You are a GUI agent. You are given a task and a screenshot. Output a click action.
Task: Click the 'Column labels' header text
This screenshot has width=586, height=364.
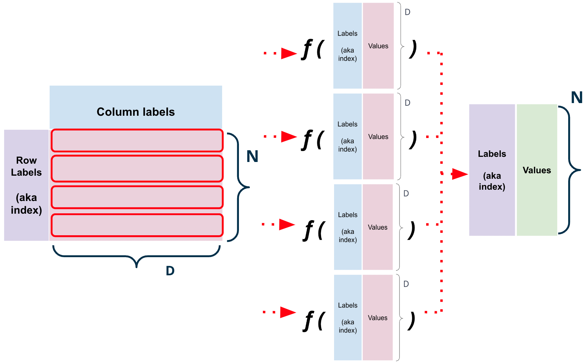click(136, 112)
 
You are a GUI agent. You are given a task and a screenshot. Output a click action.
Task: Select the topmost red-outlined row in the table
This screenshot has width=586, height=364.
click(137, 140)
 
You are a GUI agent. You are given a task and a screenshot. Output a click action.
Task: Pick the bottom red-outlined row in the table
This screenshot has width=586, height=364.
click(137, 225)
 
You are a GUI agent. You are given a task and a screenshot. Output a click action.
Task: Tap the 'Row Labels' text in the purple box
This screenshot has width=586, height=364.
click(26, 166)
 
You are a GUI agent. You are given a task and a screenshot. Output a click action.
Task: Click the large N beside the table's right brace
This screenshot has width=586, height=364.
click(252, 156)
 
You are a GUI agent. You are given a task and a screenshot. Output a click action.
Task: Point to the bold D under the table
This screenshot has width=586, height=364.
click(170, 271)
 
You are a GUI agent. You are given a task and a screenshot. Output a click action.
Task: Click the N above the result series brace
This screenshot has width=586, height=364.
click(577, 98)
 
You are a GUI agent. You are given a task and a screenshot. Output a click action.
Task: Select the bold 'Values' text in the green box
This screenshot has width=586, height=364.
click(537, 170)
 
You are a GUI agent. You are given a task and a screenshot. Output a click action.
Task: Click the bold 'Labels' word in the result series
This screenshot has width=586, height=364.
click(492, 154)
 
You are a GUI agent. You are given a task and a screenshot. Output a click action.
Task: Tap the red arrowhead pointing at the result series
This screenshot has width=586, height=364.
click(459, 174)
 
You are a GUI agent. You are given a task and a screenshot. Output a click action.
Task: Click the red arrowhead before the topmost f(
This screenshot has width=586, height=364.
click(289, 53)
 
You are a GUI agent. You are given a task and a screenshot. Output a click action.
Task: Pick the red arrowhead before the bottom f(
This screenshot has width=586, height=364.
click(288, 312)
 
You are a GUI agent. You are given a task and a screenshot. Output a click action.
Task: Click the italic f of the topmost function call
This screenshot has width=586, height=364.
click(307, 49)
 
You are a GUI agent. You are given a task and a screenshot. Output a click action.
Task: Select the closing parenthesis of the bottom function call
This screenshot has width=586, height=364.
click(411, 321)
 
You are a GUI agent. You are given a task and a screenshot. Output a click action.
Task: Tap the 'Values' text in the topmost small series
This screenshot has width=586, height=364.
click(378, 46)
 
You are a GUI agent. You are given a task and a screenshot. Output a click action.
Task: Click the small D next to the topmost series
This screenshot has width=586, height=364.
click(407, 12)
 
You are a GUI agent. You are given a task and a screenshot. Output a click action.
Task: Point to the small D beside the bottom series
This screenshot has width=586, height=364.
click(406, 284)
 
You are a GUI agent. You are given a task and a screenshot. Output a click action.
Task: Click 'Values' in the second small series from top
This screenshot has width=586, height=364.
click(378, 137)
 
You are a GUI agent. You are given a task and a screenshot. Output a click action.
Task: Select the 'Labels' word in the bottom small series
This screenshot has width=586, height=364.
click(348, 305)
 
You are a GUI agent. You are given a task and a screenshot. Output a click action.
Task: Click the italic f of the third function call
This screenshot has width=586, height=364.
click(309, 230)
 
